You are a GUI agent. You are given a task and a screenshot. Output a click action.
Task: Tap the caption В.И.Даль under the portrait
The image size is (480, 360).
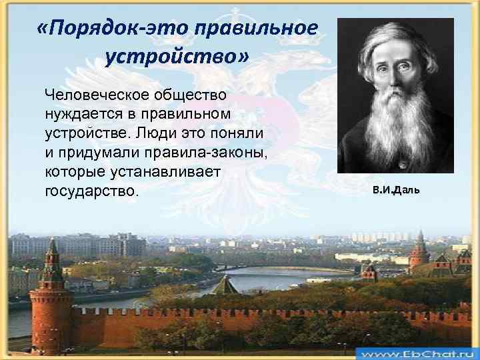click(396, 191)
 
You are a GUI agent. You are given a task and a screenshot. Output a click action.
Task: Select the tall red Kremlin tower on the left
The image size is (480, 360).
click(51, 293)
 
